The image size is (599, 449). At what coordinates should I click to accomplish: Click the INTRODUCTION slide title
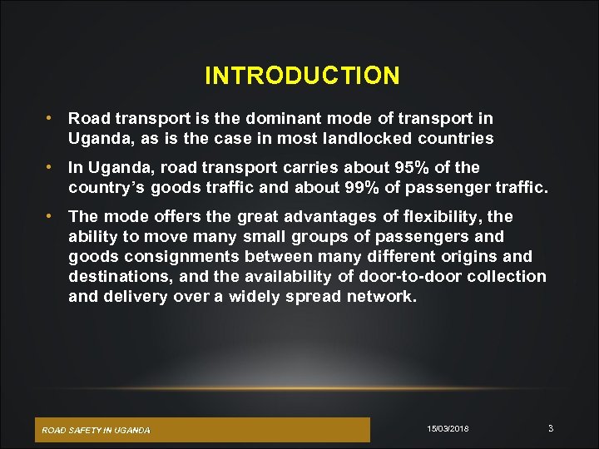[x=302, y=76]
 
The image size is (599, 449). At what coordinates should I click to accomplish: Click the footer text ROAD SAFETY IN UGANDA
[x=97, y=430]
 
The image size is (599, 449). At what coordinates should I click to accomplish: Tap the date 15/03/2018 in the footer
[x=448, y=428]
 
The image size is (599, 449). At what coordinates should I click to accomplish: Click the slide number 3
[x=551, y=428]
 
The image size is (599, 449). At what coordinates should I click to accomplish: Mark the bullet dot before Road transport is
[x=51, y=118]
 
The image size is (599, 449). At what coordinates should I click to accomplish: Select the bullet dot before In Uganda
[x=51, y=167]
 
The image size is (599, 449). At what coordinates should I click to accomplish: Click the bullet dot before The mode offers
[x=51, y=216]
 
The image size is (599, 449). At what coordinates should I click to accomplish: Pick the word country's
[x=105, y=187]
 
